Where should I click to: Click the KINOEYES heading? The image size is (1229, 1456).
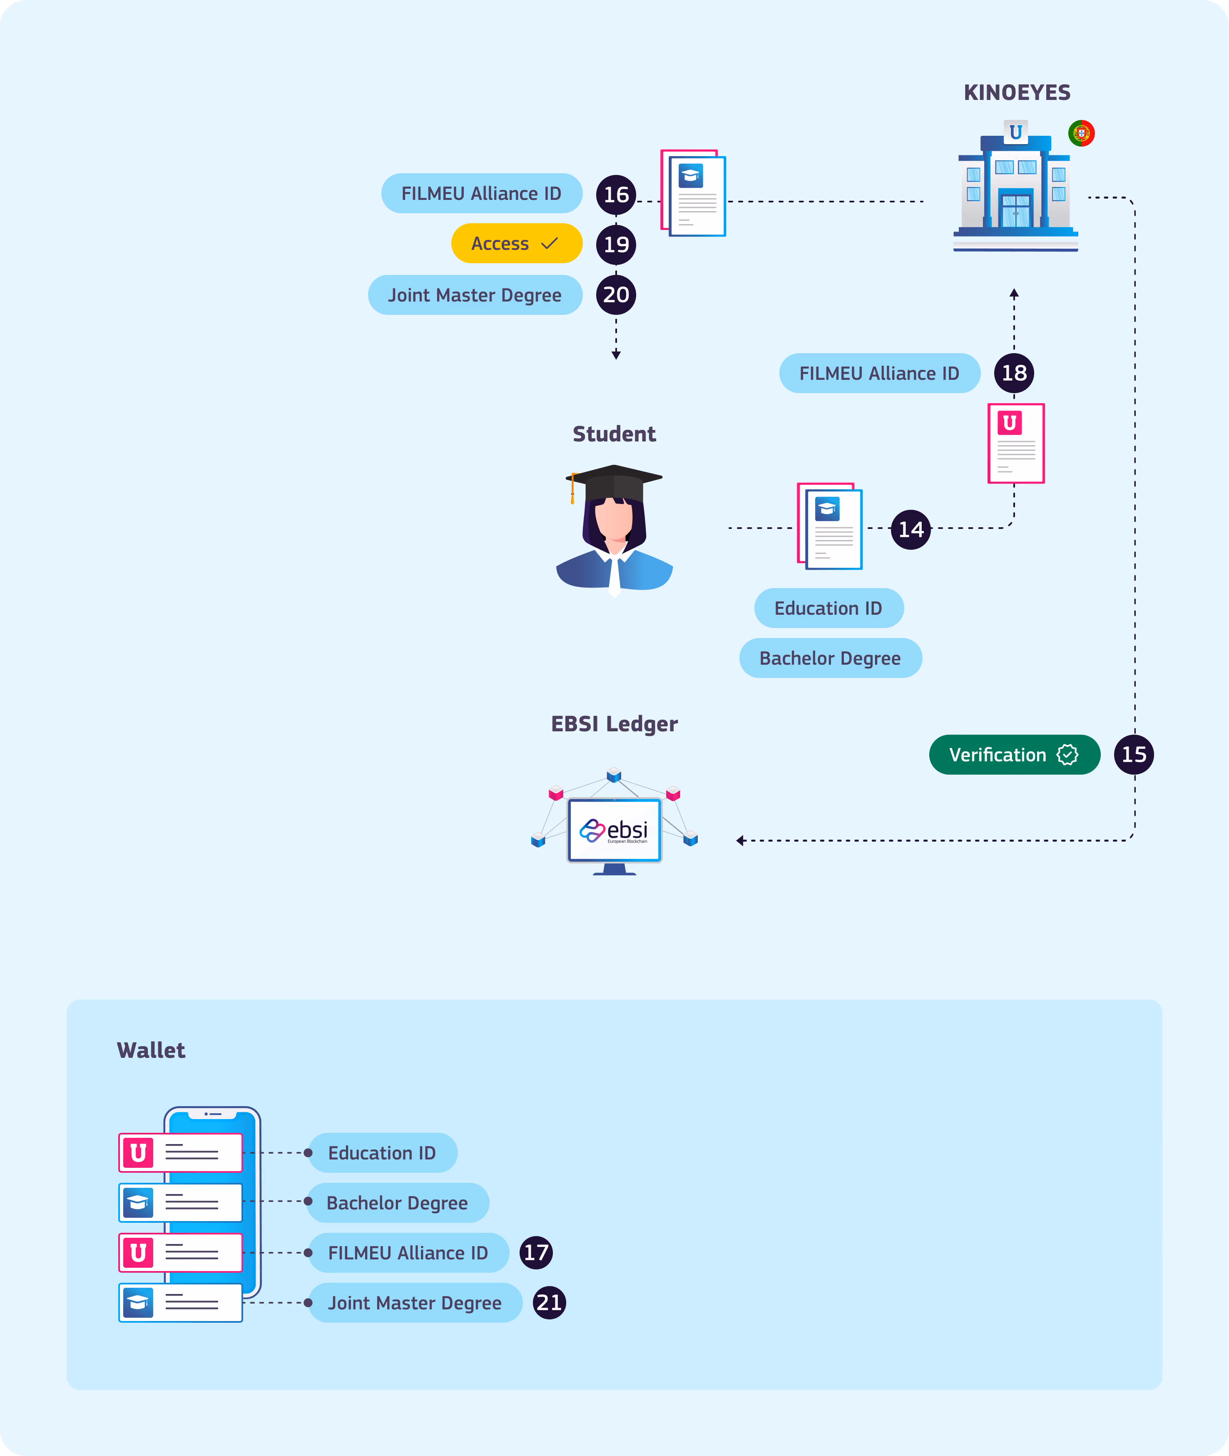[x=1017, y=93]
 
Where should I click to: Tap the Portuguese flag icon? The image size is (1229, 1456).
[x=1081, y=133]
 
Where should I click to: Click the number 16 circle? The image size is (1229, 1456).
[x=616, y=194]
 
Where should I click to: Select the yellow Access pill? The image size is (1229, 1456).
[x=516, y=243]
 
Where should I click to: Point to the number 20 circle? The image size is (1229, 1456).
[x=616, y=295]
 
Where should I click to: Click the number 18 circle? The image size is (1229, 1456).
[x=1014, y=373]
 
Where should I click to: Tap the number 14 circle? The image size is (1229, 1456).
[x=911, y=529]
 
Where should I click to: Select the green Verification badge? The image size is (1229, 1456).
[x=1015, y=754]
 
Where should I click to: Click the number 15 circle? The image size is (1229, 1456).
[x=1134, y=754]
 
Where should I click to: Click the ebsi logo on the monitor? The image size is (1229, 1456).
[x=614, y=830]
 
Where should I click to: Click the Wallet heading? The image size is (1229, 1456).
[x=151, y=1050]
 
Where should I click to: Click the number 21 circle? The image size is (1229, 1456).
[x=549, y=1303]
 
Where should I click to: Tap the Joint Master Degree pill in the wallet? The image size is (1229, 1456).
[x=415, y=1303]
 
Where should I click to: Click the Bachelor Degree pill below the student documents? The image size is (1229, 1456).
[x=831, y=658]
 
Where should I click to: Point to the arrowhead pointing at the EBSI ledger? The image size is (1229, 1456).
[x=741, y=840]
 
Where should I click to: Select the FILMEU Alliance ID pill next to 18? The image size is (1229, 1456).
[x=879, y=373]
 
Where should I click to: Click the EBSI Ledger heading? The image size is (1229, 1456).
[x=614, y=724]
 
